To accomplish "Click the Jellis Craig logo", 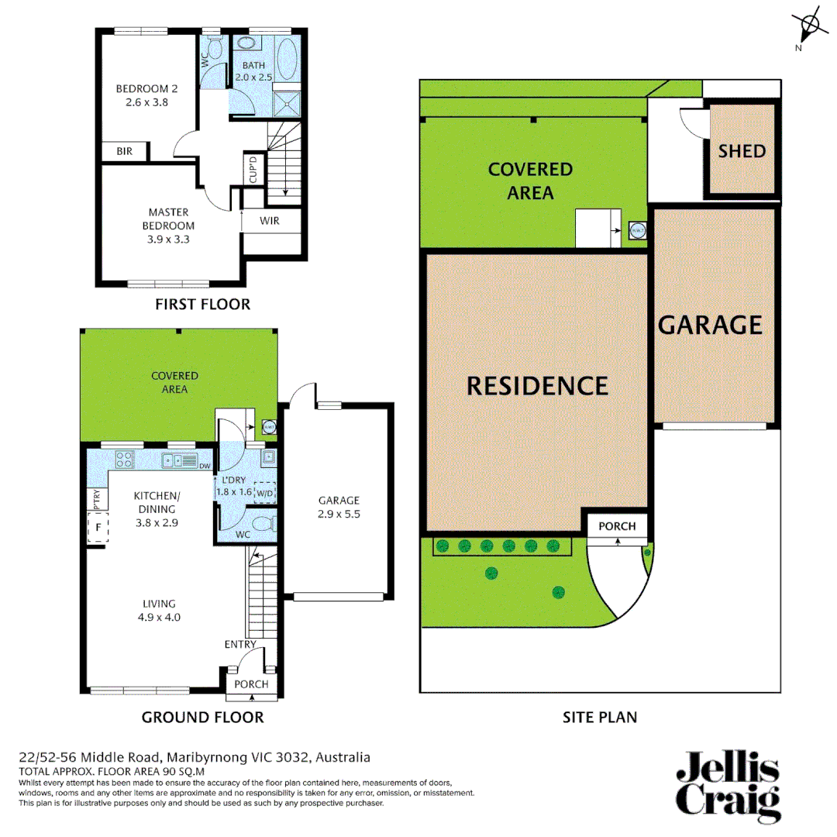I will [x=727, y=784].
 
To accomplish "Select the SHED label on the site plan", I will [x=742, y=151].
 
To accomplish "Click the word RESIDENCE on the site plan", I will [x=537, y=385].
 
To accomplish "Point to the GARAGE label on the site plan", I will [x=710, y=324].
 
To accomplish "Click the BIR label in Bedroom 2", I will [x=124, y=152].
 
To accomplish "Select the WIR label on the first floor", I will [x=269, y=221].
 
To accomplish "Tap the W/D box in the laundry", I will [x=265, y=493].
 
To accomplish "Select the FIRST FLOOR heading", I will [x=202, y=305].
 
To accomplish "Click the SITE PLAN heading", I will [x=600, y=717].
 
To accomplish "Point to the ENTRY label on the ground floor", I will [x=240, y=645].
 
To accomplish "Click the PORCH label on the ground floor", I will [x=251, y=684].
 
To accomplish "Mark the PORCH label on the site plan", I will [x=617, y=526].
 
